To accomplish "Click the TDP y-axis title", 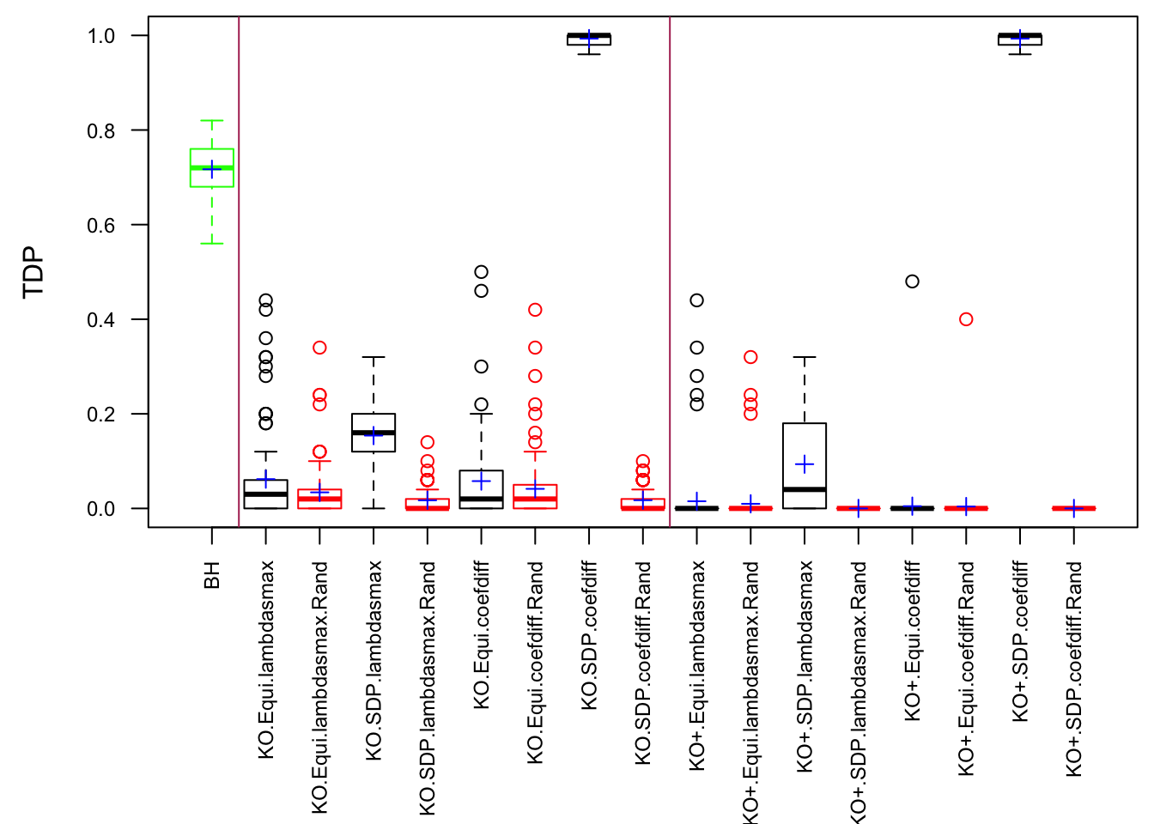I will [x=33, y=272].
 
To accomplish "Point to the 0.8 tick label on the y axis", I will [x=100, y=130].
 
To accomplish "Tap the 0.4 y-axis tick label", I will [x=100, y=320].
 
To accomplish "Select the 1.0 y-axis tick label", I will [x=100, y=36].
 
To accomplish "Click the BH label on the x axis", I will [x=212, y=575].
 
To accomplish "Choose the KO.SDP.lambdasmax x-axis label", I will [x=374, y=660].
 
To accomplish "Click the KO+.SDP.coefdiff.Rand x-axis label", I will [x=1073, y=669].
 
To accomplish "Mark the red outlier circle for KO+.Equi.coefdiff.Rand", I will [x=966, y=319].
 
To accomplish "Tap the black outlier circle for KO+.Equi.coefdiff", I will [x=912, y=282].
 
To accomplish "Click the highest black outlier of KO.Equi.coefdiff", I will [x=481, y=272].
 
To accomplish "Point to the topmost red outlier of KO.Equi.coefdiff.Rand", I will [x=535, y=310].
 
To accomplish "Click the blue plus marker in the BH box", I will [x=212, y=169].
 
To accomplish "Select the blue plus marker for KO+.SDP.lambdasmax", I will [x=805, y=464].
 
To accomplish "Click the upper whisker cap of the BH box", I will [x=212, y=121].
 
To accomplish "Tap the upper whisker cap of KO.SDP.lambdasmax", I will [x=374, y=357].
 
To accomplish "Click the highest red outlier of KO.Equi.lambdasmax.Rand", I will [x=319, y=348].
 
